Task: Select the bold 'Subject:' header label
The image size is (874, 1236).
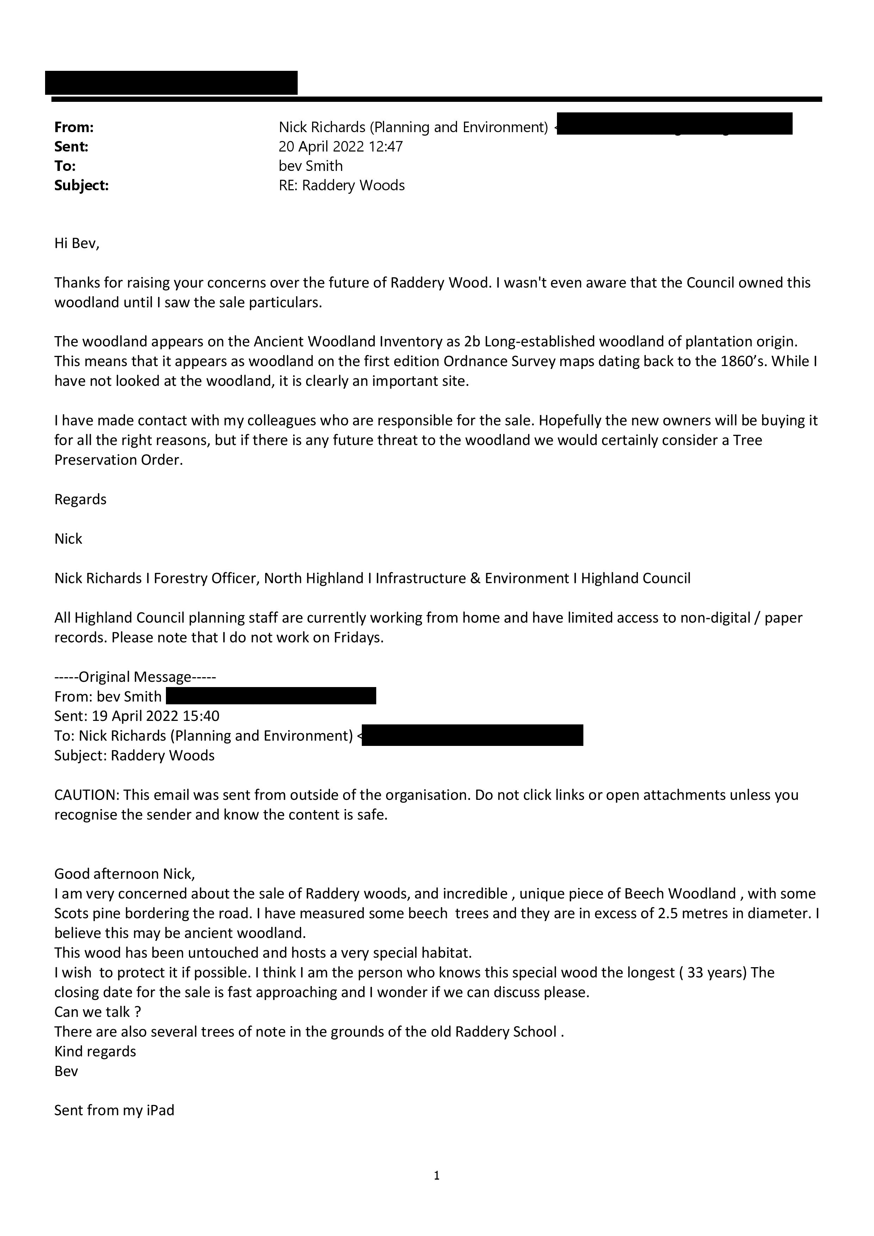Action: pyautogui.click(x=81, y=186)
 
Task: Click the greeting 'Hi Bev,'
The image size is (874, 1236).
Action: pyautogui.click(x=77, y=243)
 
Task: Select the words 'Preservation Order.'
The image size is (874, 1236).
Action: pyautogui.click(x=118, y=460)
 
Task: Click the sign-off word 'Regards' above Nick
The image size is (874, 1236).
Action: pyautogui.click(x=80, y=500)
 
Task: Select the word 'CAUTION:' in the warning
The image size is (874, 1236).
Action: pyautogui.click(x=87, y=795)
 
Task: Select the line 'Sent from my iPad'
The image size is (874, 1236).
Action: pyautogui.click(x=114, y=1111)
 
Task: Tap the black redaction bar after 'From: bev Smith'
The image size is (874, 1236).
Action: pyautogui.click(x=271, y=697)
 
